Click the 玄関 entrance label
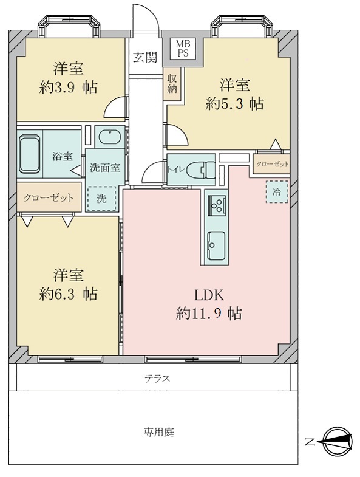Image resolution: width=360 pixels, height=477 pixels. pyautogui.click(x=145, y=58)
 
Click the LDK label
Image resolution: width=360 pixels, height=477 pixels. pyautogui.click(x=209, y=295)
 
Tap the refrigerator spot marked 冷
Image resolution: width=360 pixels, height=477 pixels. pyautogui.click(x=276, y=191)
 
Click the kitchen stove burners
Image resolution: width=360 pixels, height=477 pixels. pyautogui.click(x=216, y=207)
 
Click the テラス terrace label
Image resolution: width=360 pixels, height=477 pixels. pyautogui.click(x=157, y=378)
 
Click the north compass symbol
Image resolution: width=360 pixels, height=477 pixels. pyautogui.click(x=338, y=441)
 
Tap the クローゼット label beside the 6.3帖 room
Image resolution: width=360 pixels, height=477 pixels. pyautogui.click(x=49, y=197)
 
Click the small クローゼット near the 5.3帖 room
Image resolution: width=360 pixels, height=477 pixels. pyautogui.click(x=272, y=165)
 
